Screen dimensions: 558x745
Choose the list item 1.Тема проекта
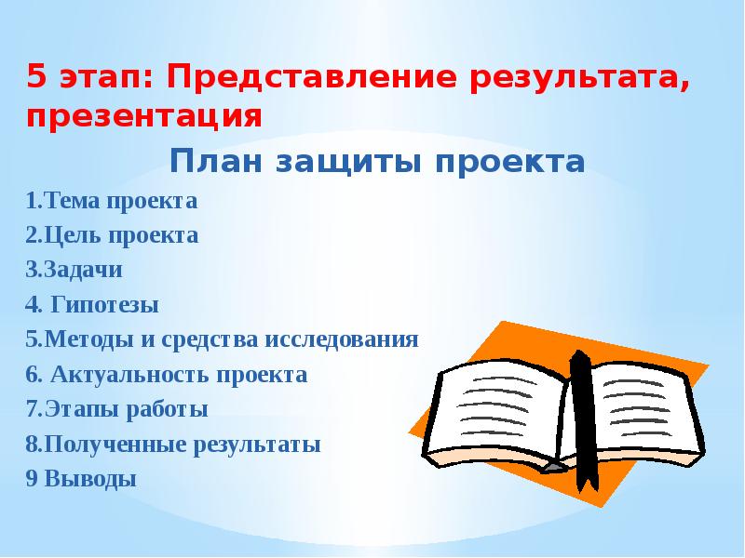point(112,200)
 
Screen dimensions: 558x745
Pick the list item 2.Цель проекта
point(112,235)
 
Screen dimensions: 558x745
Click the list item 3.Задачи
point(74,270)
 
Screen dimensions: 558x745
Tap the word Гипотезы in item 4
point(102,305)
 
